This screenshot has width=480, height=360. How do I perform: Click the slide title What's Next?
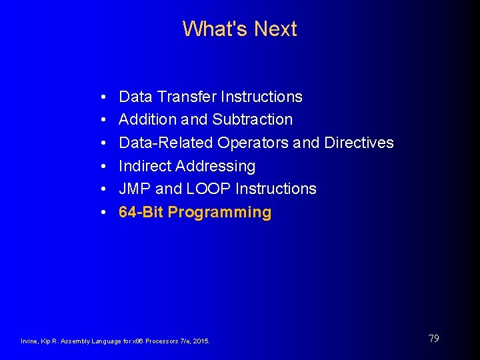tap(239, 29)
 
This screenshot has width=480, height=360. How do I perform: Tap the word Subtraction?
tap(253, 120)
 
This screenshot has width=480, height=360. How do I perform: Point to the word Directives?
tap(359, 143)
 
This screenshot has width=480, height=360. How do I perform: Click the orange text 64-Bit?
tap(141, 213)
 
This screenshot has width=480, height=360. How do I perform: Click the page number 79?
tap(433, 339)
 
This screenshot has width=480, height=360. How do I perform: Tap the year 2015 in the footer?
tap(201, 341)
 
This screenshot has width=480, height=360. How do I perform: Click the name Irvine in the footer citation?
tap(30, 341)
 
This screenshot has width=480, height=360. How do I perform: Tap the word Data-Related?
tap(165, 143)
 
